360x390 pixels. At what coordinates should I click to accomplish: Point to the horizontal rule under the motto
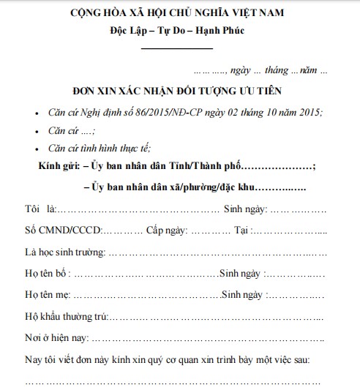[176, 48]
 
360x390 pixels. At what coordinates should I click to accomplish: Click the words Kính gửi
[59, 167]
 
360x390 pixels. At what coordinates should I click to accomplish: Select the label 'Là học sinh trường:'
[64, 252]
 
